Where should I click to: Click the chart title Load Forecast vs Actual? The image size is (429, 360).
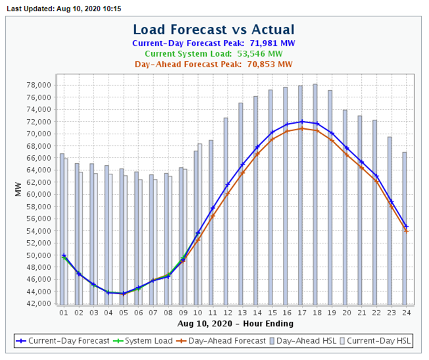click(x=214, y=30)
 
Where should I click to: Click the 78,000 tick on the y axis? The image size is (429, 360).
click(x=38, y=85)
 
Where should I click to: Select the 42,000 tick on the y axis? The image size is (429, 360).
click(x=38, y=304)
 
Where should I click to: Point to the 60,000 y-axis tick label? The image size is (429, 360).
click(x=38, y=195)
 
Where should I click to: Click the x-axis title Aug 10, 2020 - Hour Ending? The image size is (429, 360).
click(x=235, y=324)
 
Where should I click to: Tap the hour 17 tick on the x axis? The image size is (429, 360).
click(x=301, y=313)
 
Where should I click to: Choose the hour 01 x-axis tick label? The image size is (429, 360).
click(x=63, y=313)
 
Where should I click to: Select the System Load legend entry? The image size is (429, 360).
click(x=145, y=341)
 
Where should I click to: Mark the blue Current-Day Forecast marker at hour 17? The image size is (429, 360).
click(x=301, y=121)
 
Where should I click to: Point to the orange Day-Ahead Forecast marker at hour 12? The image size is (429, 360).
click(x=227, y=194)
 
